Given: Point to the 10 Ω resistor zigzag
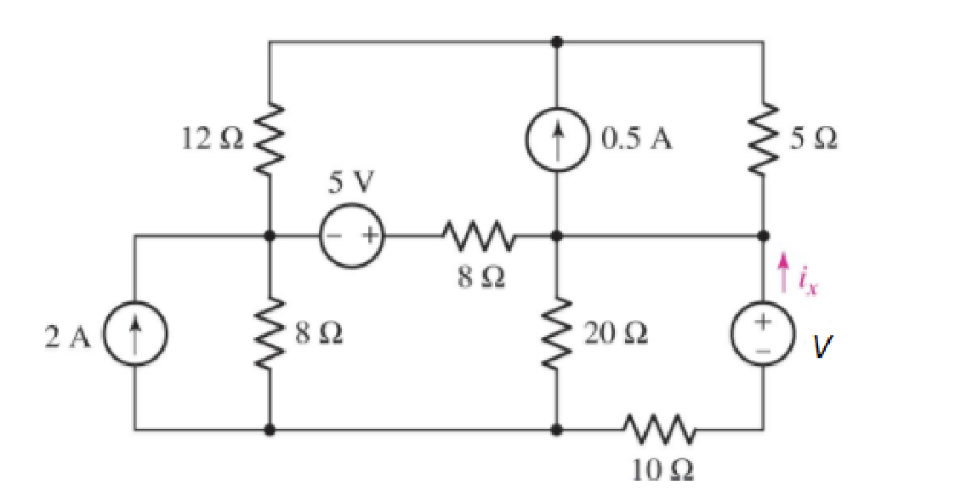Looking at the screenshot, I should [x=660, y=430].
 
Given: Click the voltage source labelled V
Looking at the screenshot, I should [x=763, y=334].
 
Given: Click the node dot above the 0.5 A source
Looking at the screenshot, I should [x=557, y=41].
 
